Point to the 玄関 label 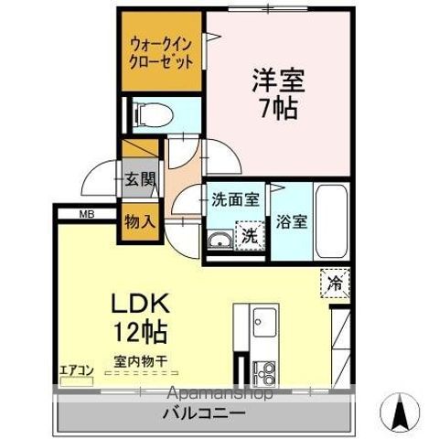pos(140,179)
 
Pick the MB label pos(86,215)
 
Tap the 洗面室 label pos(235,199)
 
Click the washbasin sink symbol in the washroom pos(219,240)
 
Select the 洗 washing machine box pos(249,236)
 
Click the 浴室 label pos(293,221)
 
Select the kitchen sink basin pos(265,323)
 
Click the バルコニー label pos(203,413)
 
